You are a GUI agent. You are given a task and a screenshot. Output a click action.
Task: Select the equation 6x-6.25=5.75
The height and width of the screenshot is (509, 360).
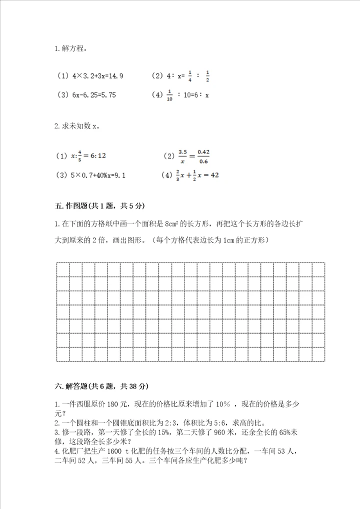click(93, 94)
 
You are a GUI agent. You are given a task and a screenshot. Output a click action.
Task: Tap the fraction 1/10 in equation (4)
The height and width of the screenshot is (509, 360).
click(170, 94)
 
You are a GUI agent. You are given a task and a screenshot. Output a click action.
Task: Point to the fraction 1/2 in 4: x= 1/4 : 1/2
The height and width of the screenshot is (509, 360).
click(207, 76)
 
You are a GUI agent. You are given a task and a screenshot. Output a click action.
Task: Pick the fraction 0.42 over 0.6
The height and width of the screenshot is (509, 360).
click(203, 156)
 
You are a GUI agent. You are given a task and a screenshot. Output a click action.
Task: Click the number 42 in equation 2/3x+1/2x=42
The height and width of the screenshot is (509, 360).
click(213, 175)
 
